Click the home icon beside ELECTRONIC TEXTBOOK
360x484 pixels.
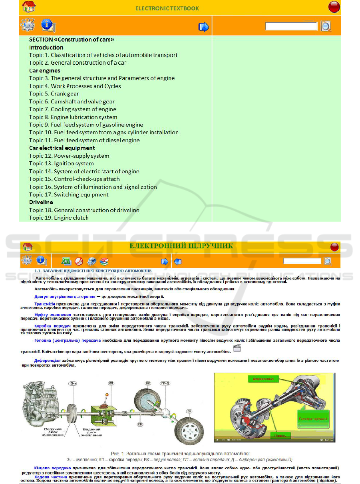point(29,7)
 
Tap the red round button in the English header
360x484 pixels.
point(334,7)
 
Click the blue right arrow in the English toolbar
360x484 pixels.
point(204,27)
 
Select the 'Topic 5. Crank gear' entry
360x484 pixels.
point(54,94)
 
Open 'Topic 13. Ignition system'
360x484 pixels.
point(61,163)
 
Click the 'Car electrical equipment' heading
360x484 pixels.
point(62,148)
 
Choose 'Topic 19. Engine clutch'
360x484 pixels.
point(59,218)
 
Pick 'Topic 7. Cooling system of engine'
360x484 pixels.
point(72,109)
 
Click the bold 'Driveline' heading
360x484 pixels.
point(41,202)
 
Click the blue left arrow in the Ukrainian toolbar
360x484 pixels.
point(178,262)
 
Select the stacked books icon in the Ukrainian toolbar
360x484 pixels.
point(104,262)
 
